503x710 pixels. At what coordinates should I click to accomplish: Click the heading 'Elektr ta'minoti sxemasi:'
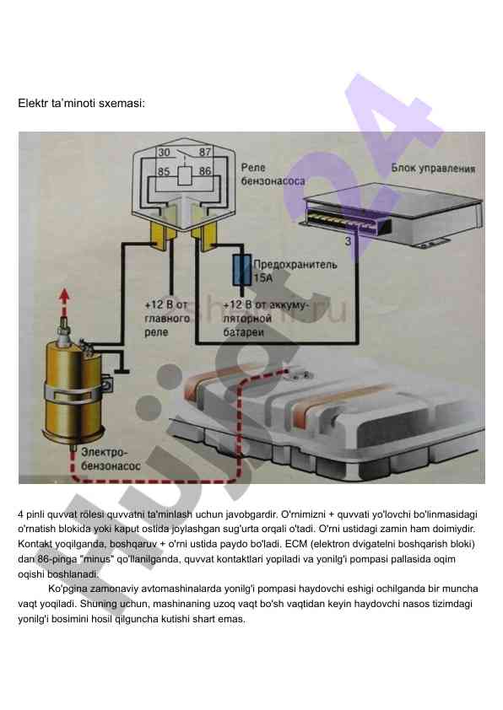(x=82, y=103)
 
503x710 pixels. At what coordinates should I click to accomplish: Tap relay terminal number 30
(x=164, y=153)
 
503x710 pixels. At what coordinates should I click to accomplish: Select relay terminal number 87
(x=205, y=152)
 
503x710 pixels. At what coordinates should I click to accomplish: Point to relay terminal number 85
(x=164, y=172)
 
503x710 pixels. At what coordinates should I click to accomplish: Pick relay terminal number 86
(x=205, y=171)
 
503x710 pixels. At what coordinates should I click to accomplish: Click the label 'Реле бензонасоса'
(x=273, y=175)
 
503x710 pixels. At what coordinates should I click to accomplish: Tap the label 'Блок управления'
(x=433, y=169)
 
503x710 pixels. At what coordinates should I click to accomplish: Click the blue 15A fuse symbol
(x=242, y=271)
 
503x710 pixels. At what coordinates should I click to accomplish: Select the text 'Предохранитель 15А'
(x=295, y=271)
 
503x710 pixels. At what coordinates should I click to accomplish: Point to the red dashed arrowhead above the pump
(x=65, y=296)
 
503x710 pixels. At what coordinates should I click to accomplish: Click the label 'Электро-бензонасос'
(x=111, y=459)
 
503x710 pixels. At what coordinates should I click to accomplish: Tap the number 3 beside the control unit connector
(x=348, y=241)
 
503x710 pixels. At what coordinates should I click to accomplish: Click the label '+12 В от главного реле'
(x=167, y=319)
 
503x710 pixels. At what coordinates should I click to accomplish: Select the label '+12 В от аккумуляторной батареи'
(x=265, y=319)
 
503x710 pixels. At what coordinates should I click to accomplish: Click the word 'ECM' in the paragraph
(x=295, y=544)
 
